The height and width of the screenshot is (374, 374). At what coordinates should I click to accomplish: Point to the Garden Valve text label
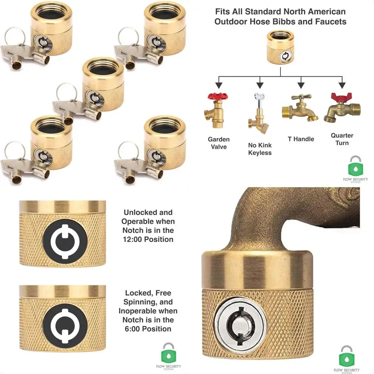pos(219,143)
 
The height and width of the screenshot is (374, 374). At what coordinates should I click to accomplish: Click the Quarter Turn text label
pos(342,139)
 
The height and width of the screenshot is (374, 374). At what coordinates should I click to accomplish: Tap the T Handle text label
pos(301,139)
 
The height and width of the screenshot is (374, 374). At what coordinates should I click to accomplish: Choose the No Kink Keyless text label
pos(260,149)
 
